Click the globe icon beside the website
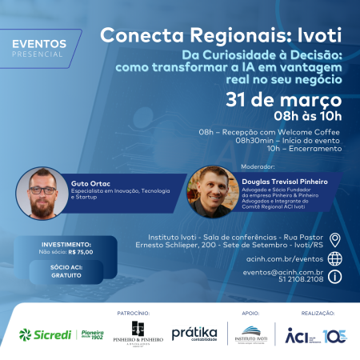point(335,258)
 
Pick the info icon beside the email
point(335,276)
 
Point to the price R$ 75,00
point(81,251)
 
